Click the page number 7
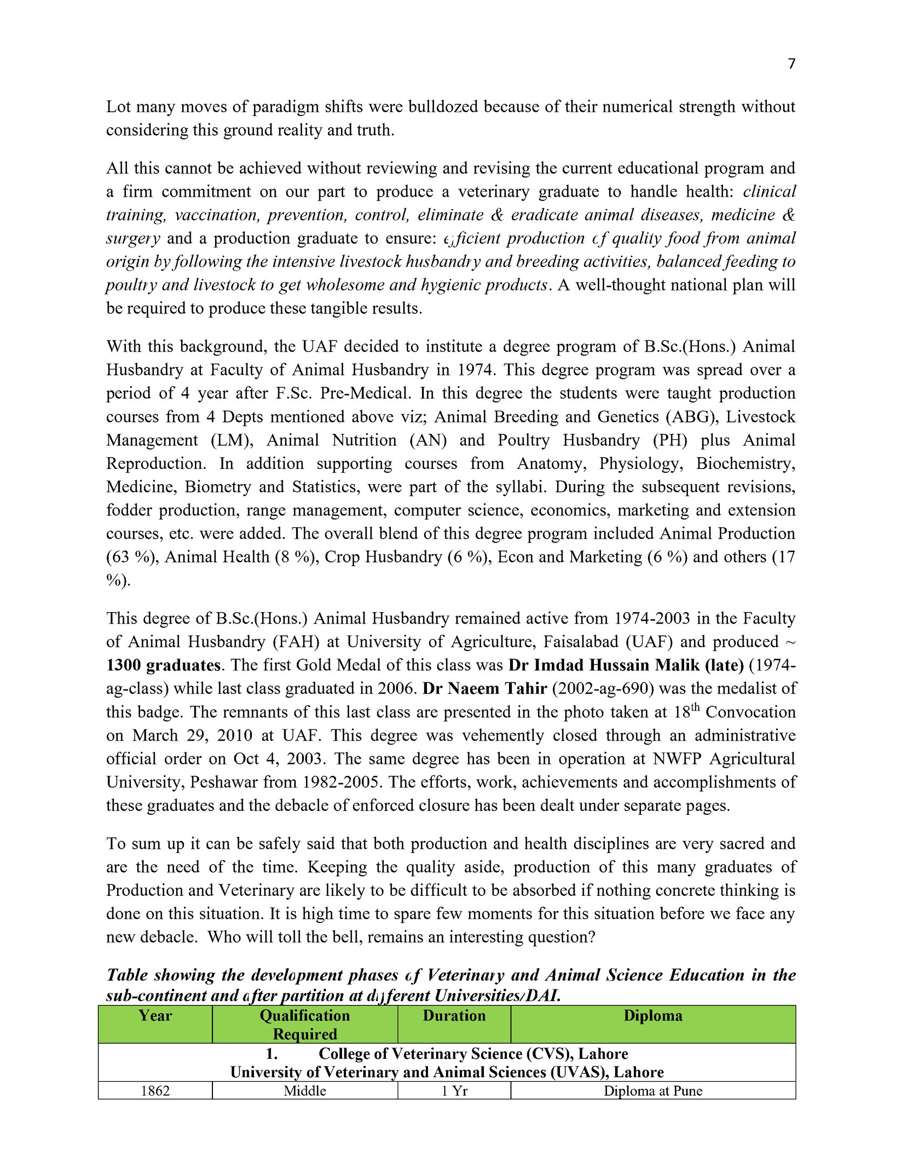[x=791, y=64]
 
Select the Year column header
[x=155, y=1016]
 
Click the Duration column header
[x=454, y=1016]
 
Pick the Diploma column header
[x=653, y=1016]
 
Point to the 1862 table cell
[x=155, y=1091]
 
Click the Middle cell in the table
[x=305, y=1091]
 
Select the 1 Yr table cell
[x=454, y=1091]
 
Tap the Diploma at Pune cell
[x=653, y=1091]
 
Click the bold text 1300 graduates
[x=163, y=665]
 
